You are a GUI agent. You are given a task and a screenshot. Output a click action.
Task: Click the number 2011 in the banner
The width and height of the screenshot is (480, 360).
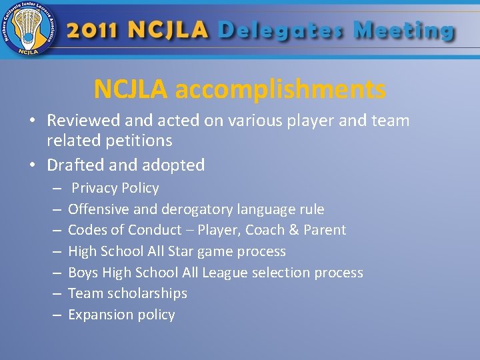pos(93,31)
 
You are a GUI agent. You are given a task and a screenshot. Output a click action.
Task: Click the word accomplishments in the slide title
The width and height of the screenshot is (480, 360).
pos(280,89)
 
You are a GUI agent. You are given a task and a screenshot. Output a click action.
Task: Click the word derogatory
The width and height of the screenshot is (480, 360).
pos(189,209)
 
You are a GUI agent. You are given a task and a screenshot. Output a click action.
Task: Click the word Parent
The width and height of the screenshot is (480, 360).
pos(325,230)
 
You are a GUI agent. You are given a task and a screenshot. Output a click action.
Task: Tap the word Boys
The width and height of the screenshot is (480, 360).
pos(83,273)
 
